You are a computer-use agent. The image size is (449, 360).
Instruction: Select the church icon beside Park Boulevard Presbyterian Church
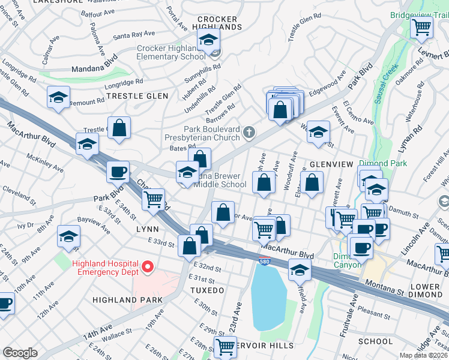[249, 131]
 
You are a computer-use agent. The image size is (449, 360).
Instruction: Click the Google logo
[20, 353]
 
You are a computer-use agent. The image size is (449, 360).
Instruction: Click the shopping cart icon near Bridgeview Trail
[422, 26]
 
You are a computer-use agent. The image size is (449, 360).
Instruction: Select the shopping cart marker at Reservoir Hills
[224, 346]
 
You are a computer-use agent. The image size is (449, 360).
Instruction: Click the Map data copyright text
[423, 355]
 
